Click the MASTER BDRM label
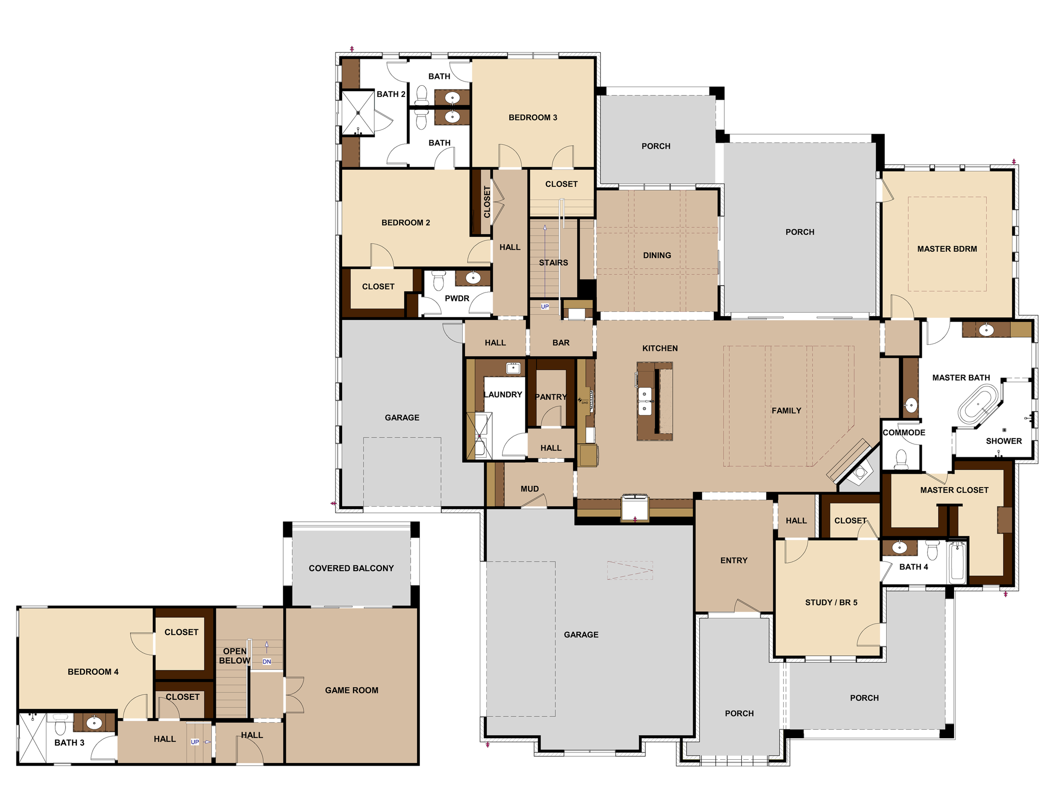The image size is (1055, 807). point(947,249)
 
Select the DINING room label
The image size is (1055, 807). point(657,255)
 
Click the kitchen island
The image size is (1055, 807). point(654,401)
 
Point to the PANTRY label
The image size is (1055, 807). point(550,397)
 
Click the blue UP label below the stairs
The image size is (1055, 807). point(544,306)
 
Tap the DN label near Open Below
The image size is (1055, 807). point(267,661)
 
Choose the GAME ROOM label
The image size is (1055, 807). point(352,690)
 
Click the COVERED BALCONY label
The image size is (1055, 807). point(351,568)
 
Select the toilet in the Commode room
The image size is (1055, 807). point(901,459)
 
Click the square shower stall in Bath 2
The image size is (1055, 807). point(357,113)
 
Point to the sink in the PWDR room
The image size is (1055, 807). point(473,277)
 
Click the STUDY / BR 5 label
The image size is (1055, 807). point(831,602)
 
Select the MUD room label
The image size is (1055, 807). point(529,488)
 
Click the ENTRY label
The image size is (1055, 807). point(733,560)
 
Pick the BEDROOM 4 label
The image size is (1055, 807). point(93,672)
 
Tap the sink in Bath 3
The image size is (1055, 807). point(94,722)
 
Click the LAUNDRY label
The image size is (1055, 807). point(502,394)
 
